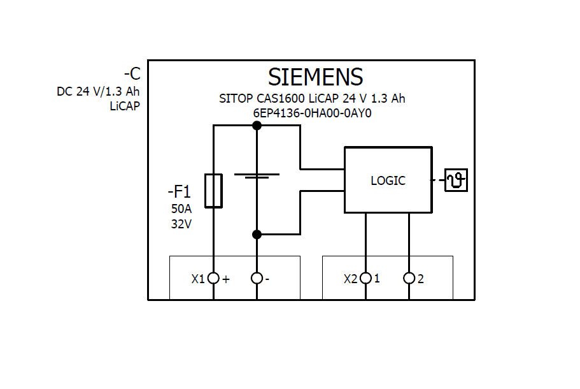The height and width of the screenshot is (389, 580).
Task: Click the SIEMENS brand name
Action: coord(315,77)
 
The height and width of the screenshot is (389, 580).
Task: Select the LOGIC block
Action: coord(388,180)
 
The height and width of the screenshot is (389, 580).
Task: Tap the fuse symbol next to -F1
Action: coord(213,190)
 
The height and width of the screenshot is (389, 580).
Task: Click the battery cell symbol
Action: coord(257,175)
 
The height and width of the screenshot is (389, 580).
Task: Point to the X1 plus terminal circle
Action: coord(213,279)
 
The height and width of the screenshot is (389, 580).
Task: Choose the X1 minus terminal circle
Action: coord(257,279)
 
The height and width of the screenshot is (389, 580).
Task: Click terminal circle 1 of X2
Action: coord(365,279)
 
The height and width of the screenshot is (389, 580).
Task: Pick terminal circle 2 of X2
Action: coord(409,279)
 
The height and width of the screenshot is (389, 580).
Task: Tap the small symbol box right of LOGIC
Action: coord(456,180)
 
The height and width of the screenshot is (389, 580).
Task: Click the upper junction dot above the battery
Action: coord(257,125)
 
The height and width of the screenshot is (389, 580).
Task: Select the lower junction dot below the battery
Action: coord(257,235)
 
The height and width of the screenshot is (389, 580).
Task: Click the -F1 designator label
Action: coord(179,191)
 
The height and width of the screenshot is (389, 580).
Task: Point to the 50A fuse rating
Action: coord(181,209)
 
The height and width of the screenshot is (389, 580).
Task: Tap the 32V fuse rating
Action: coord(181,224)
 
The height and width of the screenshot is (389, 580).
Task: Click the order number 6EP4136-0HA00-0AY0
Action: coord(312,114)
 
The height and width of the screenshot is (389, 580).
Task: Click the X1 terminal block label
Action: coord(198,279)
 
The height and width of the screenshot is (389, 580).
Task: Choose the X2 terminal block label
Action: coord(350,279)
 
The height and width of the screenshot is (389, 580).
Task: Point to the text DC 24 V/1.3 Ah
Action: coord(98,91)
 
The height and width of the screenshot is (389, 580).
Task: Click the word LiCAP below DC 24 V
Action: coord(125,106)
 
